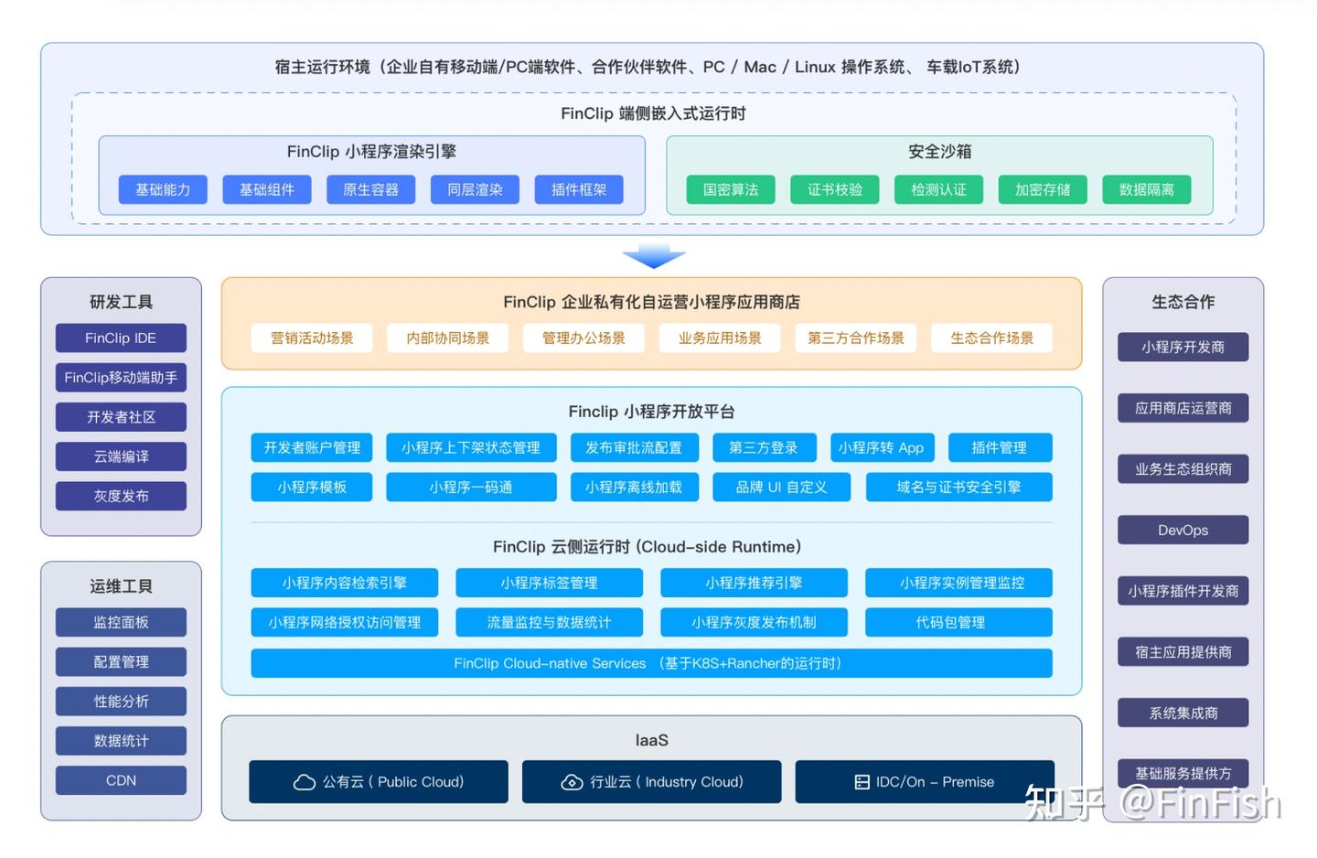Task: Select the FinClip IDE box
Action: tap(121, 338)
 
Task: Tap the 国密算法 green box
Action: tap(730, 189)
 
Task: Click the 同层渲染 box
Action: tap(475, 189)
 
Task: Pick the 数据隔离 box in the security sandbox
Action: tap(1147, 189)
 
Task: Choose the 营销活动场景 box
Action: tap(312, 338)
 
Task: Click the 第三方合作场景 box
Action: tap(855, 338)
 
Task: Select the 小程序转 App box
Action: tap(881, 447)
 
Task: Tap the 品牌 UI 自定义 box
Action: tap(781, 487)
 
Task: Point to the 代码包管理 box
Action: tap(958, 622)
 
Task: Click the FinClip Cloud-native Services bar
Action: tap(651, 663)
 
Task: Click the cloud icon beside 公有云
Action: tap(304, 782)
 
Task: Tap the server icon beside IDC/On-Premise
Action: tap(862, 782)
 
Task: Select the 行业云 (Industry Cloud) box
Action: tap(651, 781)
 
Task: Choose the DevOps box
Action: tap(1183, 530)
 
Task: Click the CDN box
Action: tap(121, 780)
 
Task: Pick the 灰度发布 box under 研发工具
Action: tap(121, 496)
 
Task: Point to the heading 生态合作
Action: tap(1183, 302)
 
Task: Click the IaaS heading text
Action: tap(651, 740)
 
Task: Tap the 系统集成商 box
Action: tap(1183, 713)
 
